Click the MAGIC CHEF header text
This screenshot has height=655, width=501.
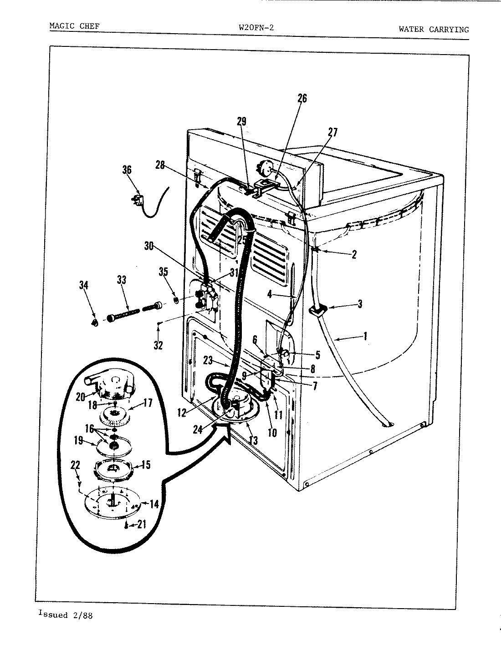[x=74, y=26]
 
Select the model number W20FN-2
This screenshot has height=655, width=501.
[x=256, y=27]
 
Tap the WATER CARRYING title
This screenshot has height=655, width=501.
[x=433, y=30]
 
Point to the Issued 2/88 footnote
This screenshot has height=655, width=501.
[x=66, y=615]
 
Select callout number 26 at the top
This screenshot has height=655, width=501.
[x=302, y=98]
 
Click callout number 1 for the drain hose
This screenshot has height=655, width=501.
[x=365, y=337]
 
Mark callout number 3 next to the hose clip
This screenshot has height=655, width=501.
[x=359, y=304]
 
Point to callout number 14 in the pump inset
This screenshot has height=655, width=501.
[x=154, y=504]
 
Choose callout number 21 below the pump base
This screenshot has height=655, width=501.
[x=142, y=525]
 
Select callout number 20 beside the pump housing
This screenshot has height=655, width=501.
[x=81, y=397]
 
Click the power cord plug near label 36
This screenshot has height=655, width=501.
[x=137, y=199]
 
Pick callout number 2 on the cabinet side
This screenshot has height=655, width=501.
[x=354, y=254]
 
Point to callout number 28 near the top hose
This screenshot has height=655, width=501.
[x=159, y=165]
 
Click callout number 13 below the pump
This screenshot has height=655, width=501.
[x=253, y=440]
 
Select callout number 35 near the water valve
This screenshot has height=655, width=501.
[x=163, y=272]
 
